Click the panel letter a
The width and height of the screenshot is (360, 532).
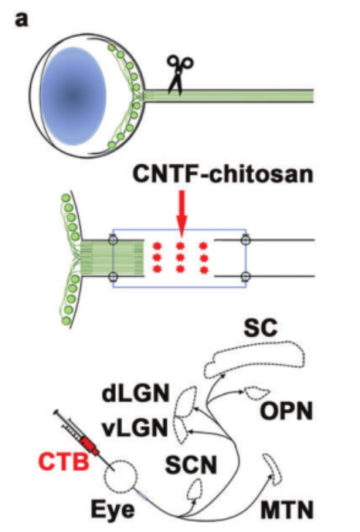(x=21, y=19)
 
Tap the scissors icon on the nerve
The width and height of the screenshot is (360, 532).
(x=179, y=75)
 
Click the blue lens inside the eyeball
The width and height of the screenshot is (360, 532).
(x=73, y=96)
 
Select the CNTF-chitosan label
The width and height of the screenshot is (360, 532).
(x=222, y=175)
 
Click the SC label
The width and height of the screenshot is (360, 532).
(x=260, y=328)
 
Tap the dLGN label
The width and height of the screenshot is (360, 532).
(x=136, y=394)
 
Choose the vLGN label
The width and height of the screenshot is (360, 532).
(x=136, y=428)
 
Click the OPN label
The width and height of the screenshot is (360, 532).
(x=287, y=411)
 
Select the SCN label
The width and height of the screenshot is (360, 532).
(x=191, y=465)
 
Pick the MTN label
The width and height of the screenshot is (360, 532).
(x=287, y=510)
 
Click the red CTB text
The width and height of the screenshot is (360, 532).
(x=63, y=462)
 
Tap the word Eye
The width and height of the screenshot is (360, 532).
(x=113, y=510)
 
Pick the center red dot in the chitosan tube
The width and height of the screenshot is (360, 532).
(x=181, y=257)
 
